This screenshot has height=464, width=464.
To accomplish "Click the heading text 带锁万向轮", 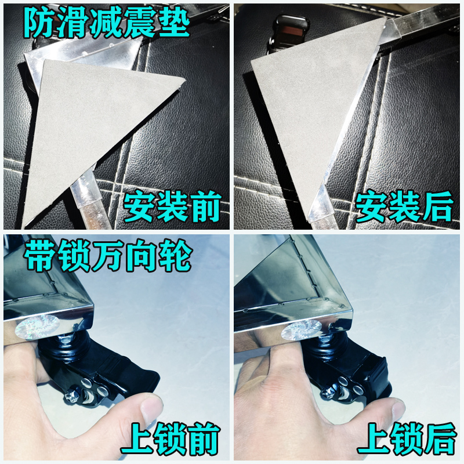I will click(108, 259).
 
